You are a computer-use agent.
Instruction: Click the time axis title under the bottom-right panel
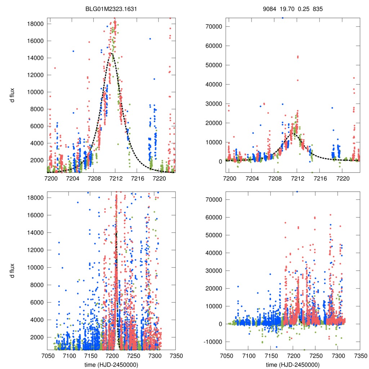[x=293, y=364]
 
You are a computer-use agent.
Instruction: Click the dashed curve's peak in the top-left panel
[x=112, y=53]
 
